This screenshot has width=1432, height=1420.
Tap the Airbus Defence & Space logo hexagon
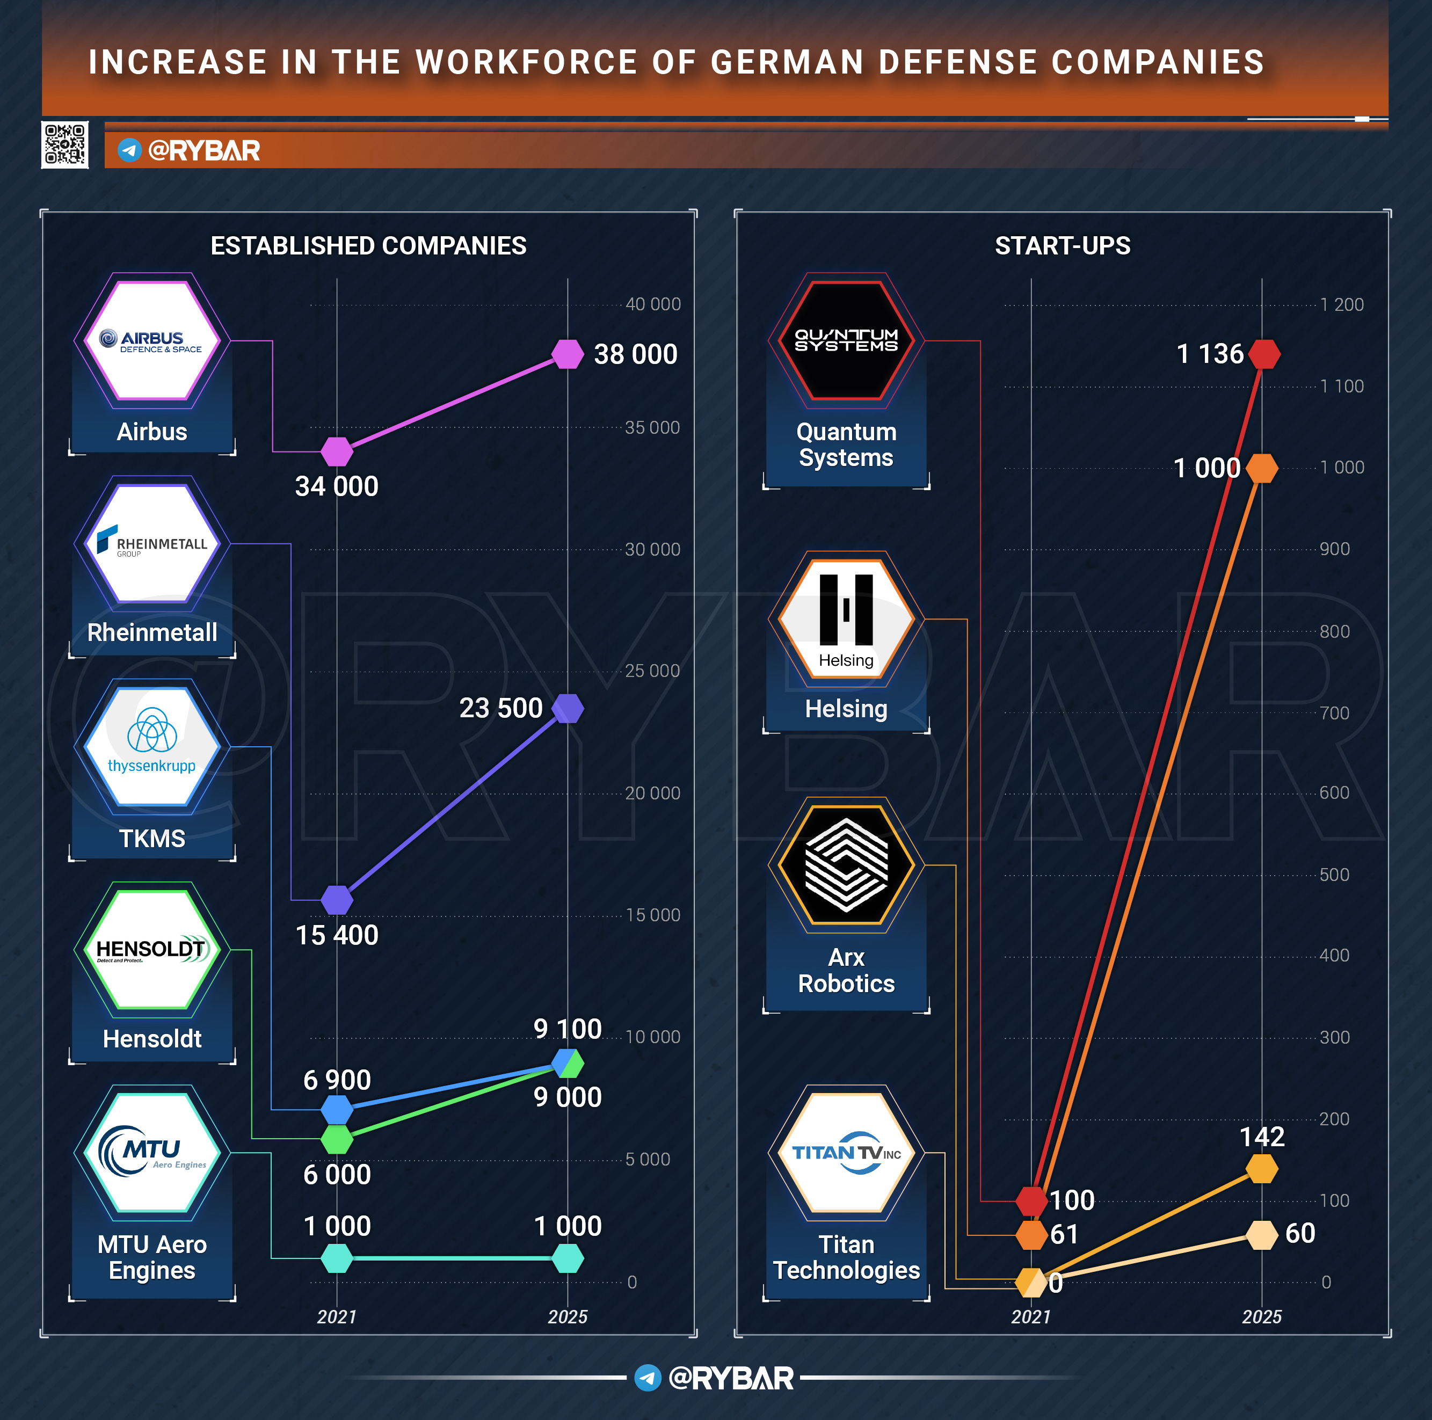(152, 341)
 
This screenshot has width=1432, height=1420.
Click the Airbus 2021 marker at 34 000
(337, 452)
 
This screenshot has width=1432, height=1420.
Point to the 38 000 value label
(635, 354)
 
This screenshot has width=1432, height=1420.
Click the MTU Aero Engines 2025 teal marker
(568, 1258)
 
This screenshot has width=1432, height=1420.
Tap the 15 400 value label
(337, 935)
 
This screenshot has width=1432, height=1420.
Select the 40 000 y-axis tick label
(652, 304)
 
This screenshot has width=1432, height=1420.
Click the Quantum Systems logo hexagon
(846, 341)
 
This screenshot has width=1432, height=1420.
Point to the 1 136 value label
(1210, 354)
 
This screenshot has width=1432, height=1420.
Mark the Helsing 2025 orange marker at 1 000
(1262, 468)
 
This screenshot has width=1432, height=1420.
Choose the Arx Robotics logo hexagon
(846, 865)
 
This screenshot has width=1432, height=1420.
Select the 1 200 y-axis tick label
(1342, 304)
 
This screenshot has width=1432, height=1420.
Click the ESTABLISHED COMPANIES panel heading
(368, 246)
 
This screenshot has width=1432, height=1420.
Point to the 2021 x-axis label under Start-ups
(1031, 1317)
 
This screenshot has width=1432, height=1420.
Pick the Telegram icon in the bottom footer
(648, 1378)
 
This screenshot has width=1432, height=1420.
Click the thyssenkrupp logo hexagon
(152, 747)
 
